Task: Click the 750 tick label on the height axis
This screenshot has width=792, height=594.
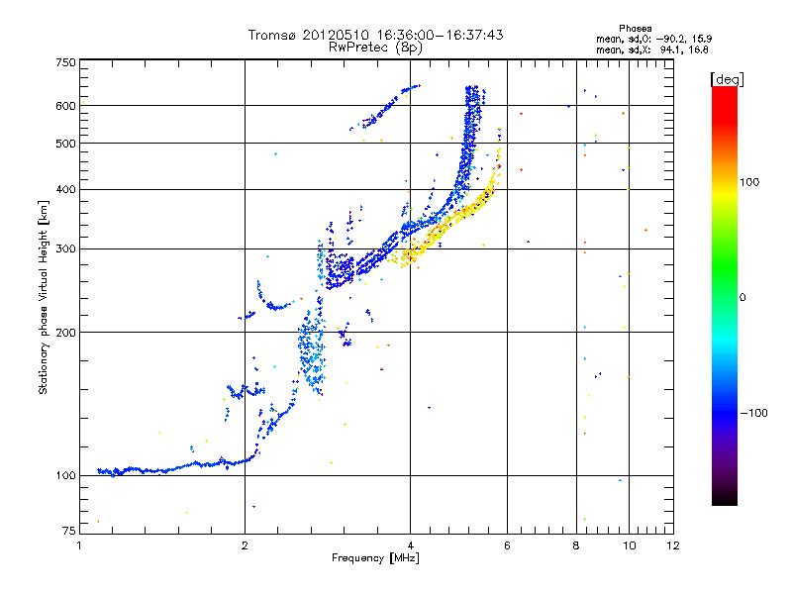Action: [x=65, y=62]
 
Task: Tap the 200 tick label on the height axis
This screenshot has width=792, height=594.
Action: [x=65, y=332]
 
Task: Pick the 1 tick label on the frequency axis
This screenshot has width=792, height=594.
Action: [x=79, y=546]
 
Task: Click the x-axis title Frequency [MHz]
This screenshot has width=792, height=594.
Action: [x=375, y=559]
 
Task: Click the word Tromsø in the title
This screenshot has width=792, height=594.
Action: [x=272, y=35]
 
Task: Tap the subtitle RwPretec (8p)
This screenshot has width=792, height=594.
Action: [x=375, y=47]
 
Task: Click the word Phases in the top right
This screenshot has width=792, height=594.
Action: [x=636, y=28]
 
